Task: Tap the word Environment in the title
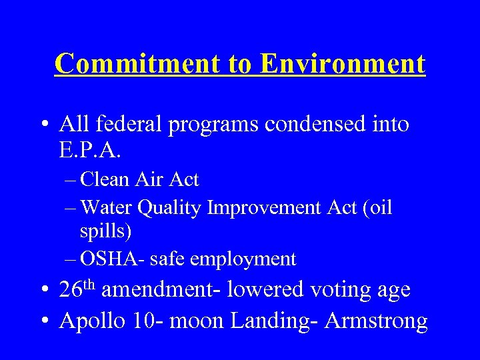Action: (x=343, y=64)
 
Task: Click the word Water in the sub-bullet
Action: (x=107, y=208)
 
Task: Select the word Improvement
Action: (x=265, y=208)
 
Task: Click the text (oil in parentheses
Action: (x=375, y=208)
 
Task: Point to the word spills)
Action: (x=105, y=232)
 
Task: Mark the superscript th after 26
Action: (x=90, y=285)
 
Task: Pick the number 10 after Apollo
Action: (x=142, y=321)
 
